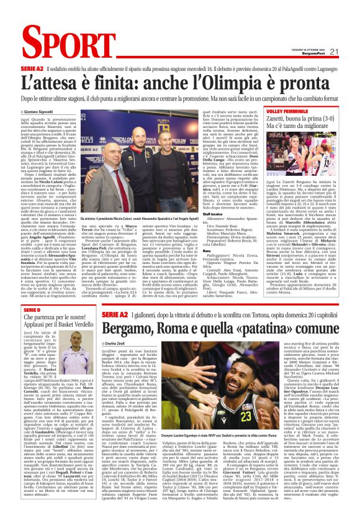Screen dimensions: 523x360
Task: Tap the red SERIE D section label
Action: tap(32, 309)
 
